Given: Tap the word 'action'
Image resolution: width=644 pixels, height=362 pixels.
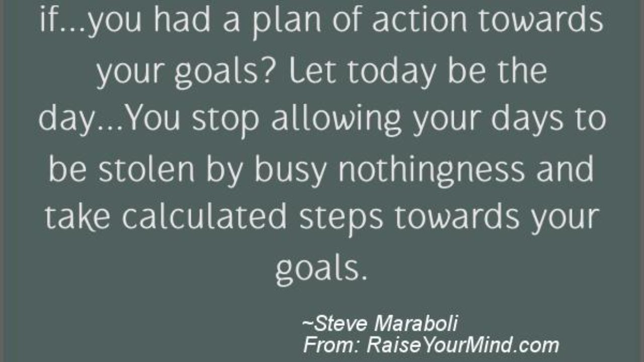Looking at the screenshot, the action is (x=420, y=19).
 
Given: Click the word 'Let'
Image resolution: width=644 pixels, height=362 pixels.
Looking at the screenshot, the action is (x=312, y=70).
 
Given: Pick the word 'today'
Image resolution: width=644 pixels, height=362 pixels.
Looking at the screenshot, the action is (x=392, y=73).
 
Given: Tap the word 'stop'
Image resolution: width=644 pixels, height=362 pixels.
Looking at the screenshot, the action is (x=226, y=121).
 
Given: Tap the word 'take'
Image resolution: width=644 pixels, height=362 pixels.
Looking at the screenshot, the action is (x=77, y=217).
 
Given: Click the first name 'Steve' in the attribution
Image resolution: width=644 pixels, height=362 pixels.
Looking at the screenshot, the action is (x=341, y=323).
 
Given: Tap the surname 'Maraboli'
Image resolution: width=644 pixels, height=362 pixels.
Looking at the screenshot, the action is (x=416, y=323).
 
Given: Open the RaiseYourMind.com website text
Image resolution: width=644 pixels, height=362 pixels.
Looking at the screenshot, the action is (x=462, y=345).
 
